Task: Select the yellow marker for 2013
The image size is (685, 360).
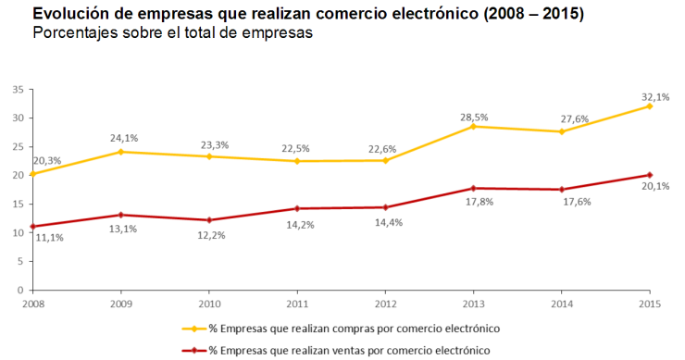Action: [x=473, y=126]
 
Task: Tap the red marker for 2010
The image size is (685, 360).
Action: [x=209, y=220]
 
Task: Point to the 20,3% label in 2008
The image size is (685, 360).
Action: [x=47, y=161]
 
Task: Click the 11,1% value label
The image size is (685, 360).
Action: [x=47, y=238]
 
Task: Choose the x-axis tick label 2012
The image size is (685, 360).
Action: [x=385, y=303]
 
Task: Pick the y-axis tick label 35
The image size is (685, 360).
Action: [x=18, y=90]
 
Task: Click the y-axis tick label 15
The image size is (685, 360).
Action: [x=18, y=205]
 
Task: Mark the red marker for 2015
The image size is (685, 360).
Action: [x=650, y=175]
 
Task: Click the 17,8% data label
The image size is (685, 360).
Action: [x=475, y=201]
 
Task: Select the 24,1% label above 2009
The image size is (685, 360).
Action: [x=122, y=140]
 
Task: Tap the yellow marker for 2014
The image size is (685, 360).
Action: [x=562, y=131]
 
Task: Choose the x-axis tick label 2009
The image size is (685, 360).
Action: [x=121, y=303]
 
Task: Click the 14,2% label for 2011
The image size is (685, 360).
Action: [x=298, y=223]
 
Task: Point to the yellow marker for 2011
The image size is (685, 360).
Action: [x=297, y=161]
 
